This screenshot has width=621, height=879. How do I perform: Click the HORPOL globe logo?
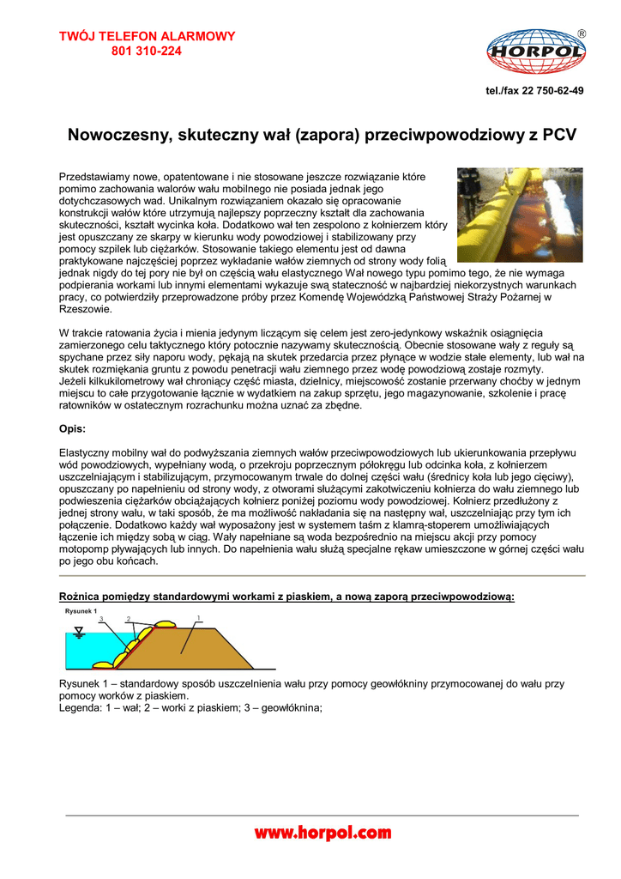(536, 53)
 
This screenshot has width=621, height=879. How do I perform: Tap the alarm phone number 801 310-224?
(147, 51)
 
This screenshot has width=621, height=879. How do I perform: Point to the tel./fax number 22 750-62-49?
(535, 91)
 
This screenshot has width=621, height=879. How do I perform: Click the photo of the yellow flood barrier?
(520, 215)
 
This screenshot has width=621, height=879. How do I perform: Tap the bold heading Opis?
(72, 427)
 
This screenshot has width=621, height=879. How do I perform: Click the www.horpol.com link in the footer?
(323, 833)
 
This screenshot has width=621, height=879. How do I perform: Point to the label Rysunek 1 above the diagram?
(81, 611)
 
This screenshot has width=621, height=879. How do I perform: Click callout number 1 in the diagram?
(198, 617)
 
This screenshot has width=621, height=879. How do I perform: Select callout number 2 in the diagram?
(129, 618)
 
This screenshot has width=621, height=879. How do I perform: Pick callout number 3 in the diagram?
(101, 619)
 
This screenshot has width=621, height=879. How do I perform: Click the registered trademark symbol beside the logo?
(582, 33)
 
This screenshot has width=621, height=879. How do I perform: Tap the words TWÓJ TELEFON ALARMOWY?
(147, 36)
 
